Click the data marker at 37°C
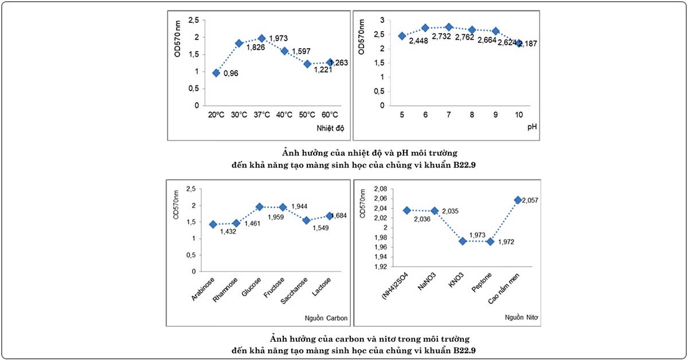[261, 38]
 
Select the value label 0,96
[230, 73]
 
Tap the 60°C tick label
[330, 115]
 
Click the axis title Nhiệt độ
[330, 128]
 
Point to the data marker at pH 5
[402, 36]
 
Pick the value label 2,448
[419, 41]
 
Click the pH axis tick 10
[519, 115]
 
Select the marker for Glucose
[260, 207]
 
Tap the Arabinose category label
[203, 289]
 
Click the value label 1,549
[320, 228]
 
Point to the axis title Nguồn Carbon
[326, 318]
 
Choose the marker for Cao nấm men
[518, 200]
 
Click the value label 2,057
[530, 201]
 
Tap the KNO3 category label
[456, 280]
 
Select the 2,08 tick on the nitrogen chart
[380, 189]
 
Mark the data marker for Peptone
[490, 242]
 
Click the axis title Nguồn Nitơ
[521, 318]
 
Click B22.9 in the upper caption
[464, 165]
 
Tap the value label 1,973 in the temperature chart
[278, 38]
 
